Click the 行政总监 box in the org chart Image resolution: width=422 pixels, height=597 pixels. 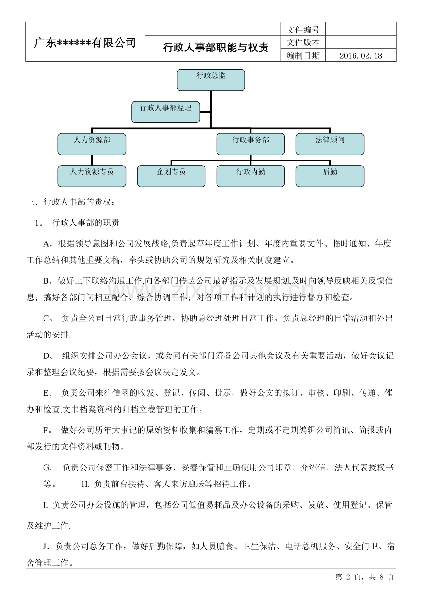coord(211,80)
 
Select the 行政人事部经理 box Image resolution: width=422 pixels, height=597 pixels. coord(166,112)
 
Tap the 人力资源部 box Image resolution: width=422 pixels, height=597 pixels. coord(92,144)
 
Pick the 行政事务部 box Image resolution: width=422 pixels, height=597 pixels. coord(250,144)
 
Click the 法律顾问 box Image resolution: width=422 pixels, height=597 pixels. coord(330,144)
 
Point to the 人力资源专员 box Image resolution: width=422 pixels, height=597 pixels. coord(92,176)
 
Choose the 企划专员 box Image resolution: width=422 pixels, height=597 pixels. coord(171,176)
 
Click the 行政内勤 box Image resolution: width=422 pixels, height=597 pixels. coord(250,176)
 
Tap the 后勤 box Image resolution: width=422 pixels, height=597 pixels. coord(330,176)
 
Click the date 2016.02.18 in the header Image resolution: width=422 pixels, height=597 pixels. coord(361,56)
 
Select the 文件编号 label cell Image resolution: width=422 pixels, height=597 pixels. coord(303,30)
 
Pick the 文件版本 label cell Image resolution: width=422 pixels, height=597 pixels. coord(303,43)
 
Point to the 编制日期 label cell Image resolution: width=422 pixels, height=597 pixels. coord(303,56)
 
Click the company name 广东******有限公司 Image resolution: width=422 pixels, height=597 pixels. coord(85,43)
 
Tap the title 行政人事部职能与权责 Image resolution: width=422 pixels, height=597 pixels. coord(216,48)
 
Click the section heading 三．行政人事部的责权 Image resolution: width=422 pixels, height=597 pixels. coord(67,202)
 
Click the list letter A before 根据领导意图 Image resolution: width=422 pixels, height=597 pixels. coord(46,244)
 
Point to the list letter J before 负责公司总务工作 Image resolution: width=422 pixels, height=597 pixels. coord(46,547)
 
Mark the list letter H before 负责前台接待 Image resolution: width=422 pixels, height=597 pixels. coord(85,484)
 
